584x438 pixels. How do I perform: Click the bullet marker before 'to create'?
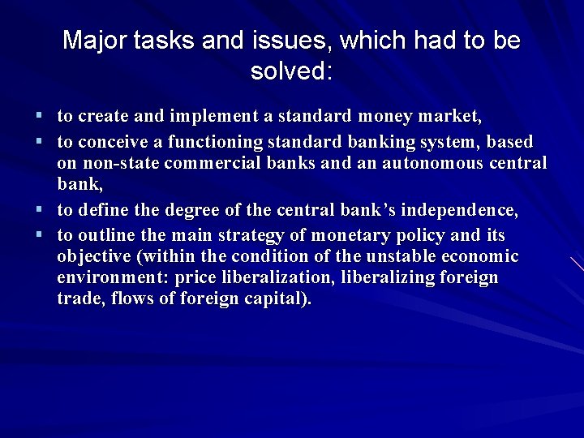pyautogui.click(x=39, y=118)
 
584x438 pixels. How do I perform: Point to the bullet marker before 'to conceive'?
pyautogui.click(x=39, y=142)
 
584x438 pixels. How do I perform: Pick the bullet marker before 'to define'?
pyautogui.click(x=39, y=211)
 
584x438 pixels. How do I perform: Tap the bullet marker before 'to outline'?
pyautogui.click(x=39, y=234)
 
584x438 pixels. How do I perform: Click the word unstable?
pyautogui.click(x=396, y=257)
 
